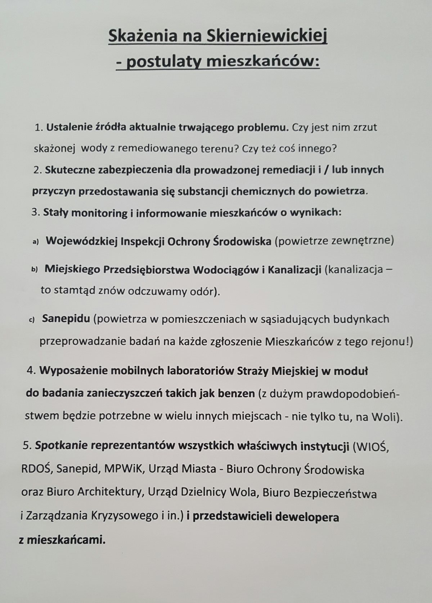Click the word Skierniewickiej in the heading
[266, 36]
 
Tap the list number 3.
[35, 212]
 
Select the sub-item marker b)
[35, 270]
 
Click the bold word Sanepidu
[66, 319]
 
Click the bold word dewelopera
[307, 517]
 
